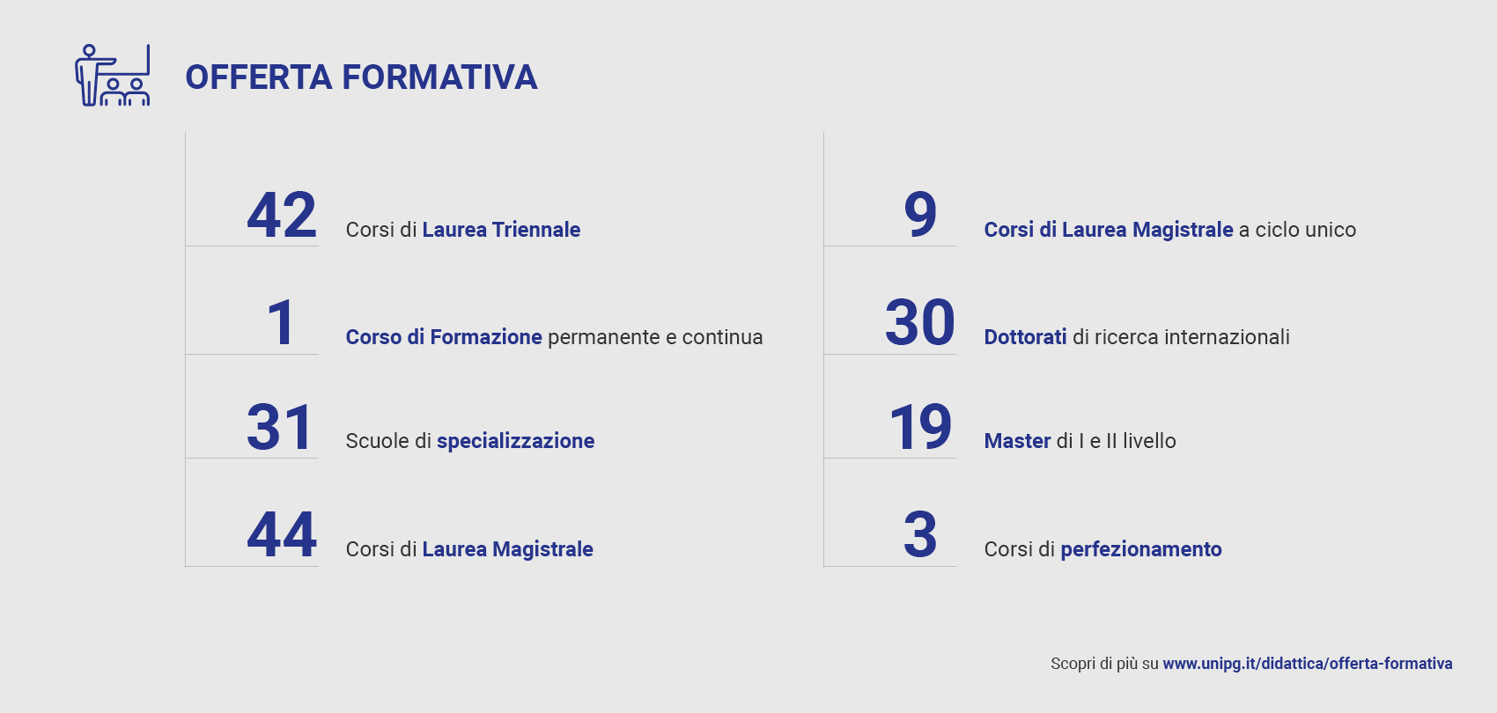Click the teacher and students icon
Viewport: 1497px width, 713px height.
click(x=113, y=75)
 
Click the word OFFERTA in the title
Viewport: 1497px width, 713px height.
click(x=259, y=77)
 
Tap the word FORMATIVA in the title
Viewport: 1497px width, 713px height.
click(x=439, y=77)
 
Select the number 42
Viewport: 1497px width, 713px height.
click(x=282, y=215)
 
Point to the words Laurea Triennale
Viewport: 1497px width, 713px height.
click(x=501, y=230)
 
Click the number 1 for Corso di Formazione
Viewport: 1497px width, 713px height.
click(x=281, y=323)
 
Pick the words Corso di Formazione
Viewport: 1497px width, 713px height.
click(x=444, y=337)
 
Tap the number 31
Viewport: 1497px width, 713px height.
click(x=279, y=428)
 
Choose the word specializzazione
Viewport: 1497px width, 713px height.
click(x=516, y=441)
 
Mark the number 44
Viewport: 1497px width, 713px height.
click(x=282, y=534)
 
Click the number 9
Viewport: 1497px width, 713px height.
click(x=920, y=215)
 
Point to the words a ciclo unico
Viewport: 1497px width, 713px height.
click(x=1297, y=230)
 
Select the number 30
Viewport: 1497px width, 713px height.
click(x=919, y=323)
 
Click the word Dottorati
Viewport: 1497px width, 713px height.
click(x=1025, y=337)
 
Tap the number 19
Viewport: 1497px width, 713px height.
click(x=920, y=428)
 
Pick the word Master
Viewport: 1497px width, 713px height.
click(x=1017, y=441)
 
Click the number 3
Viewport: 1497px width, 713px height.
click(x=920, y=534)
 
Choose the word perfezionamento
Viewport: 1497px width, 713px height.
click(x=1141, y=549)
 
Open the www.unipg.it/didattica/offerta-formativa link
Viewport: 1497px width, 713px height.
click(x=1308, y=664)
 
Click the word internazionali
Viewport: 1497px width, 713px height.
click(x=1227, y=337)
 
